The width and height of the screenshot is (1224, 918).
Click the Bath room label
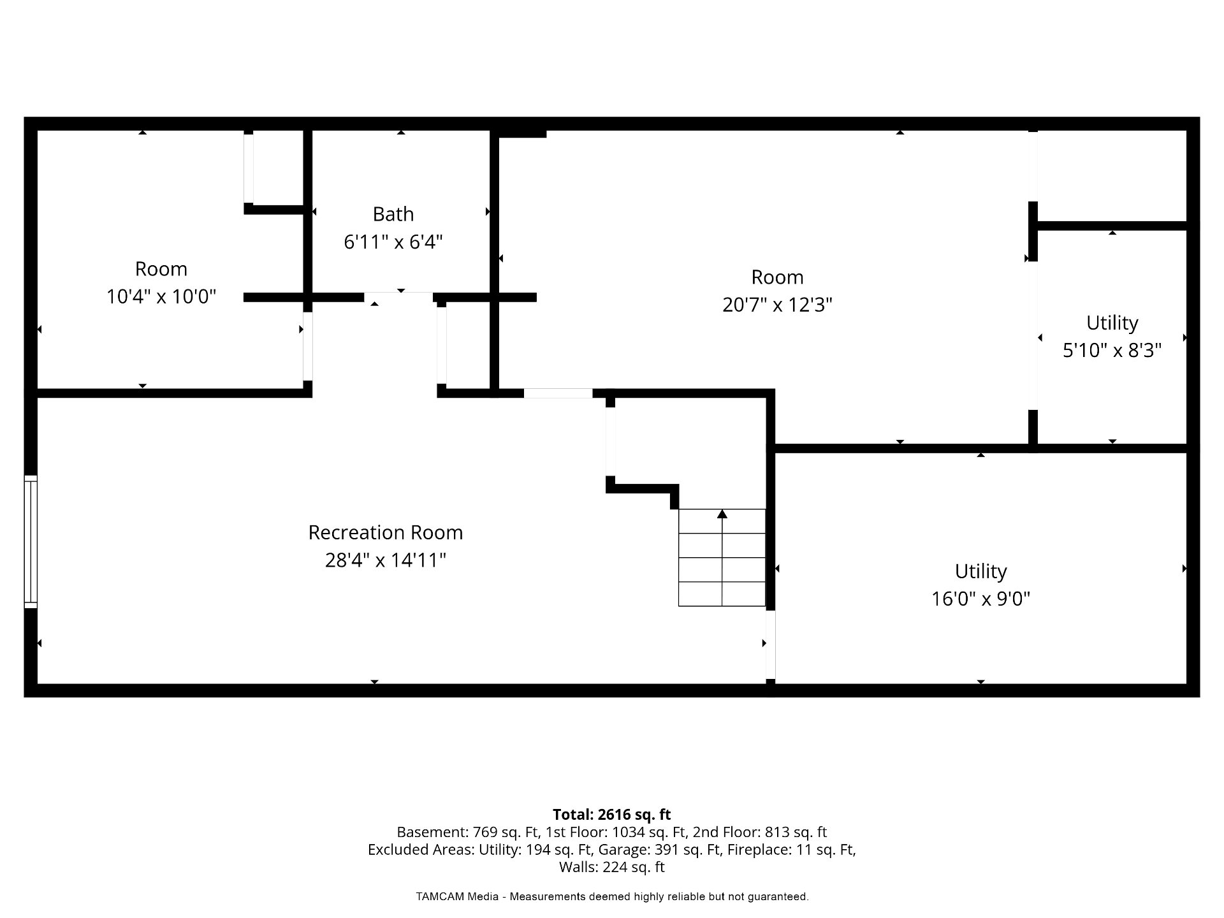pyautogui.click(x=393, y=214)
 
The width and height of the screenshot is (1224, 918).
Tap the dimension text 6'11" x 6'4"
pyautogui.click(x=393, y=242)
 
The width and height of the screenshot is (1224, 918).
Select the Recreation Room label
pyautogui.click(x=386, y=532)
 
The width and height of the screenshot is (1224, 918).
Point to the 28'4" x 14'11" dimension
pyautogui.click(x=386, y=560)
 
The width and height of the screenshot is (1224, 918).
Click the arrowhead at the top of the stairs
pyautogui.click(x=722, y=514)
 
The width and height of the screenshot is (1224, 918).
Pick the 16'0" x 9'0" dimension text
pyautogui.click(x=981, y=599)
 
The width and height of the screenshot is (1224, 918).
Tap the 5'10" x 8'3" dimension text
pyautogui.click(x=1112, y=351)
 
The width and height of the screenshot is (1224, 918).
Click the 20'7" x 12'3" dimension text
pyautogui.click(x=778, y=305)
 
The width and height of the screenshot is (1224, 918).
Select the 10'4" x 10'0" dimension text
pyautogui.click(x=161, y=296)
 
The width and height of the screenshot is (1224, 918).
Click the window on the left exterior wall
pyautogui.click(x=31, y=542)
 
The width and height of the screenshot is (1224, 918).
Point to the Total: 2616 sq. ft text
pyautogui.click(x=612, y=814)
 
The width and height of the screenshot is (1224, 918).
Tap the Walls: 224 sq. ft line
pyautogui.click(x=612, y=867)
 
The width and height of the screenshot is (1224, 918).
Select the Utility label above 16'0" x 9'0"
pyautogui.click(x=981, y=571)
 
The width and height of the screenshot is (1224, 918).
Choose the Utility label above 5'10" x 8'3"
pyautogui.click(x=1112, y=323)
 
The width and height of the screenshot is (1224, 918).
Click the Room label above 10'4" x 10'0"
pyautogui.click(x=161, y=269)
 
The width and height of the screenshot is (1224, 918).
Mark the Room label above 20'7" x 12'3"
pyautogui.click(x=778, y=277)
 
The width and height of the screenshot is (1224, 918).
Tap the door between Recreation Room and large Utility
pyautogui.click(x=770, y=645)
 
